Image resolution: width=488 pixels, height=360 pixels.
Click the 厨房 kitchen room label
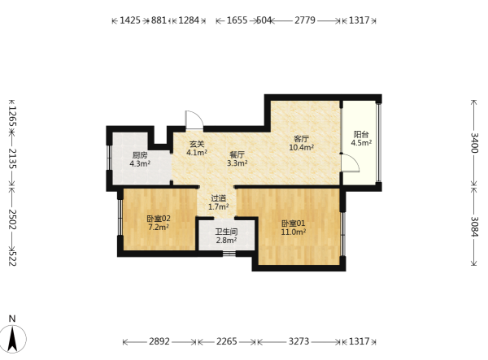coord(140,155)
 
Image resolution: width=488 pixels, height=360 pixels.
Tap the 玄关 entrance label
coord(197,144)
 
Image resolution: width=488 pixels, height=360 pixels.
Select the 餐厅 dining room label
coord(237,154)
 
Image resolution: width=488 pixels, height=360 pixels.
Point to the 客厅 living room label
coord(301,139)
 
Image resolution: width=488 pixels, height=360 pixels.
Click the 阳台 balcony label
coord(361,134)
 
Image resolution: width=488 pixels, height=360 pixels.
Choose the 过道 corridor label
coord(219,198)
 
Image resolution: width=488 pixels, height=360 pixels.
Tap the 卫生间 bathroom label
coord(227,232)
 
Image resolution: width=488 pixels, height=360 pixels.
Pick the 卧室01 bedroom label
coord(293,223)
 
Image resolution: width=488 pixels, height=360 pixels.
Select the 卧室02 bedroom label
coord(159,219)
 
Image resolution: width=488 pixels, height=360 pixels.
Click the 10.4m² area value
coord(301,147)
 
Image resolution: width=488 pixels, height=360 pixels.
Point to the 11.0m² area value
coord(293,232)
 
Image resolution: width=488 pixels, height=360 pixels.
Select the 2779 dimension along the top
coord(305,20)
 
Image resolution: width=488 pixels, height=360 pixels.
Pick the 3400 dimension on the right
coord(474,143)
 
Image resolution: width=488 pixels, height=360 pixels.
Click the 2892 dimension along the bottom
coord(159,341)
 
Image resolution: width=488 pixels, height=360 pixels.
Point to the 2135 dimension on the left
coord(12,158)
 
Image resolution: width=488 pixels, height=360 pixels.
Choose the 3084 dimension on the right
coord(474,226)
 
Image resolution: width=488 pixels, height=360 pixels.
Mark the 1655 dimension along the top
coord(237,20)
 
